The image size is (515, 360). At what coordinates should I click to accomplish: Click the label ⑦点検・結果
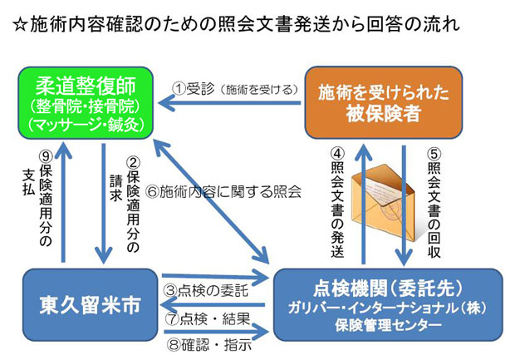(203, 319)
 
